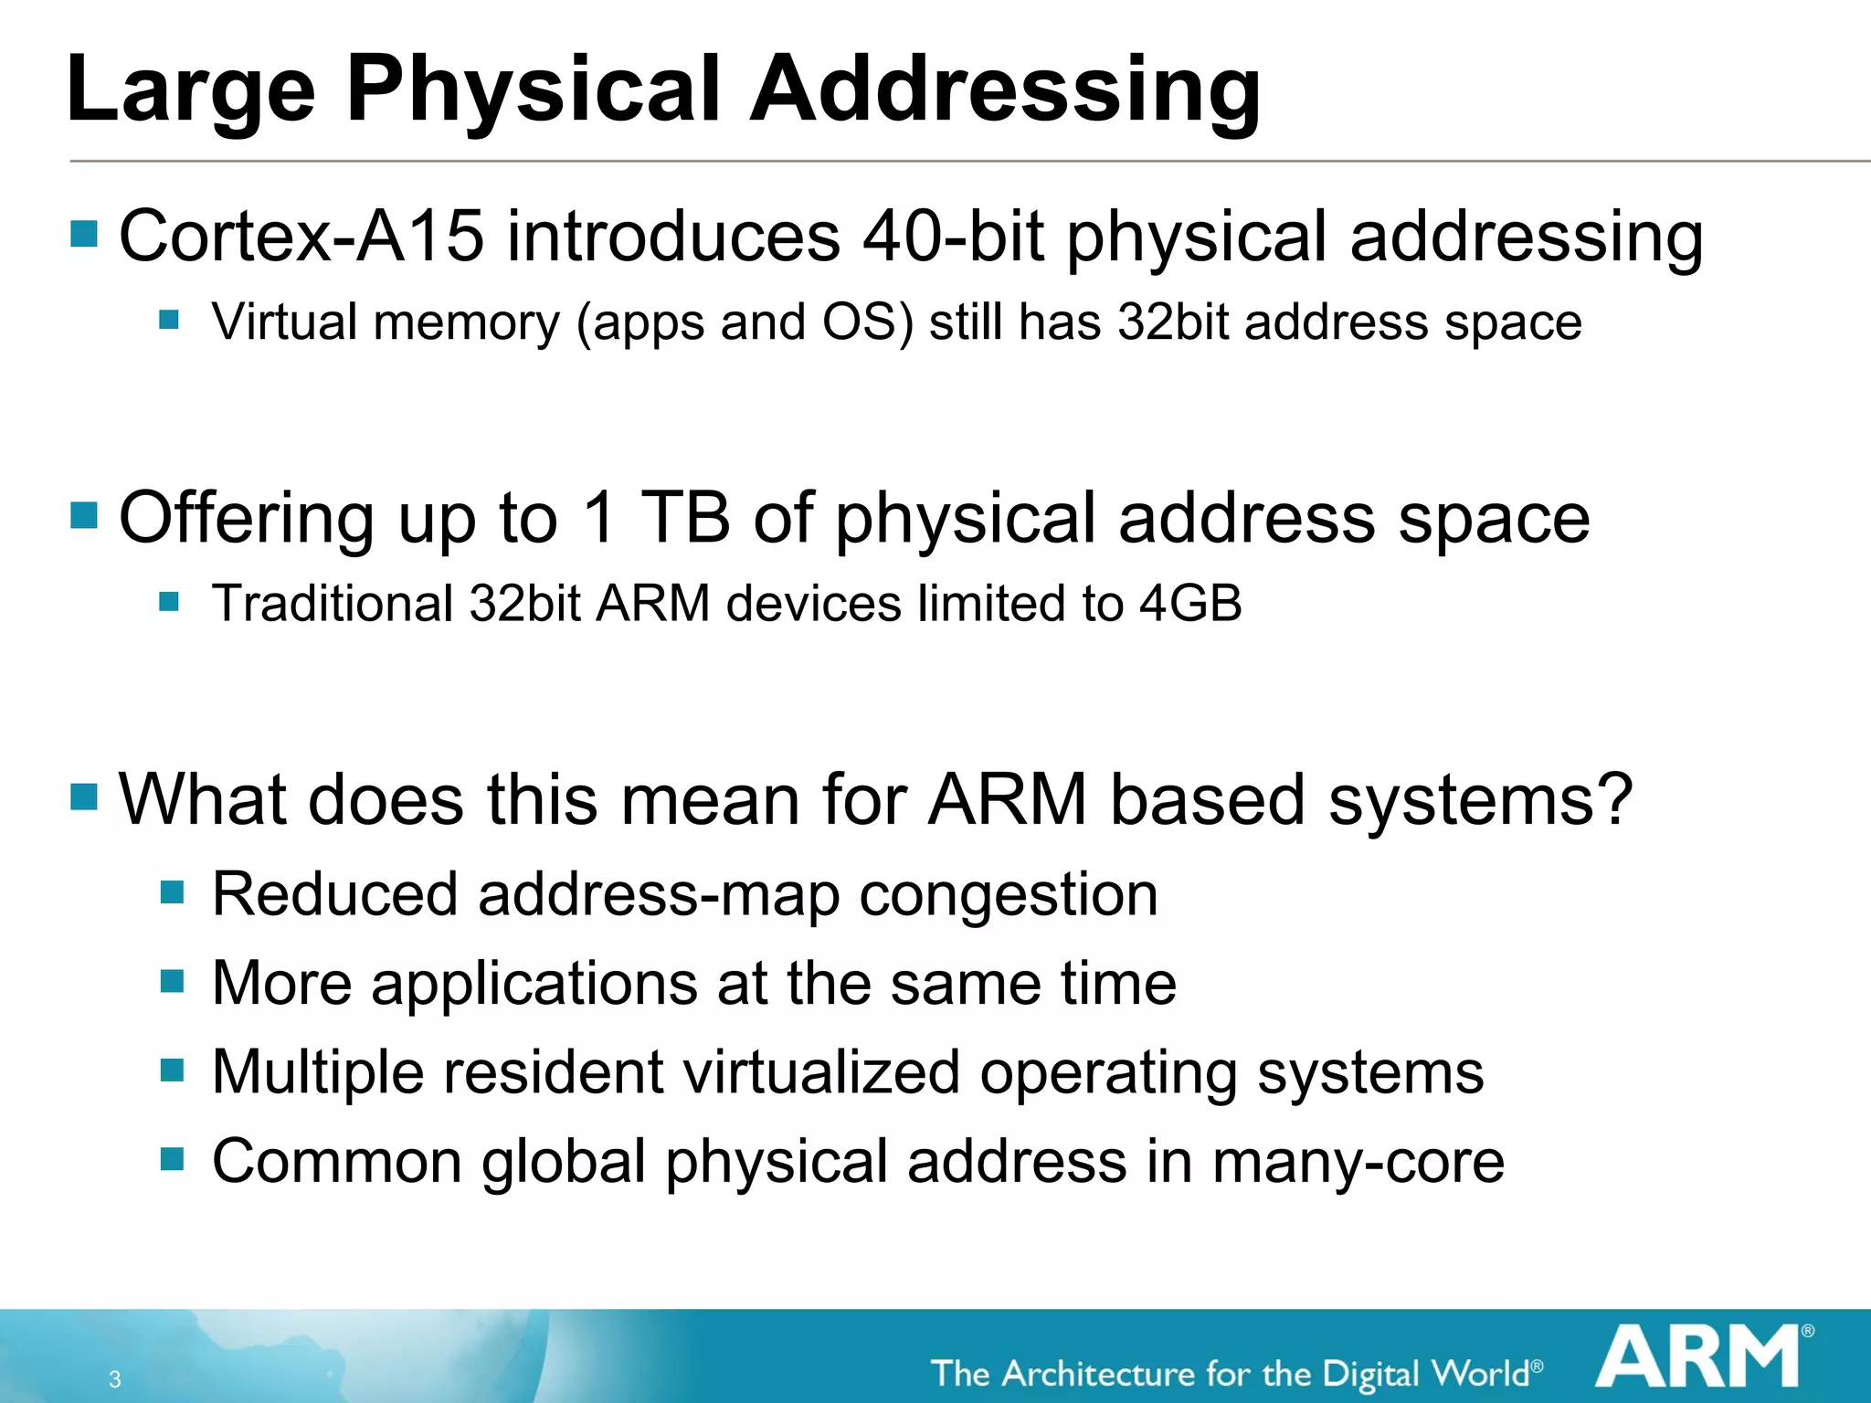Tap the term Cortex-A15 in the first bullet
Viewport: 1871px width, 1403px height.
(301, 237)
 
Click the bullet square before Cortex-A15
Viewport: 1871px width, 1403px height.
(84, 234)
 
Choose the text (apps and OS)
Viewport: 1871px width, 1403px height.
(745, 323)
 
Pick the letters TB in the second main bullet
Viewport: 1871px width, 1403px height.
(685, 518)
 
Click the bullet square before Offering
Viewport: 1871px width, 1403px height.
(84, 515)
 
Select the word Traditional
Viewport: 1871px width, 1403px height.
(333, 604)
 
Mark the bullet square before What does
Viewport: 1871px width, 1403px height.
(84, 796)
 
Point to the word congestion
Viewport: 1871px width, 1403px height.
(1009, 895)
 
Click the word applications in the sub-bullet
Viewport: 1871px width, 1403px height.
(534, 984)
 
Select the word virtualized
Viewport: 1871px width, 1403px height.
(821, 1072)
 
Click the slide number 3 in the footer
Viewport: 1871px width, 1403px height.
(115, 1379)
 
